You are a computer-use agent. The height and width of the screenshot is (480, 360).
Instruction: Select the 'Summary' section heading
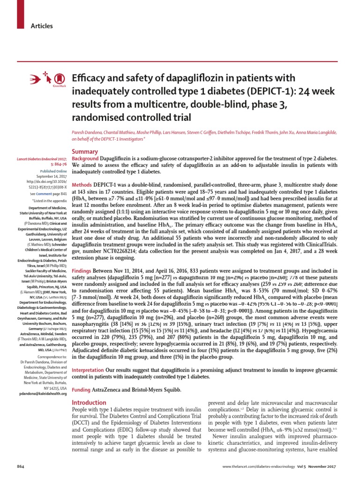pyautogui.click(x=84, y=152)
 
